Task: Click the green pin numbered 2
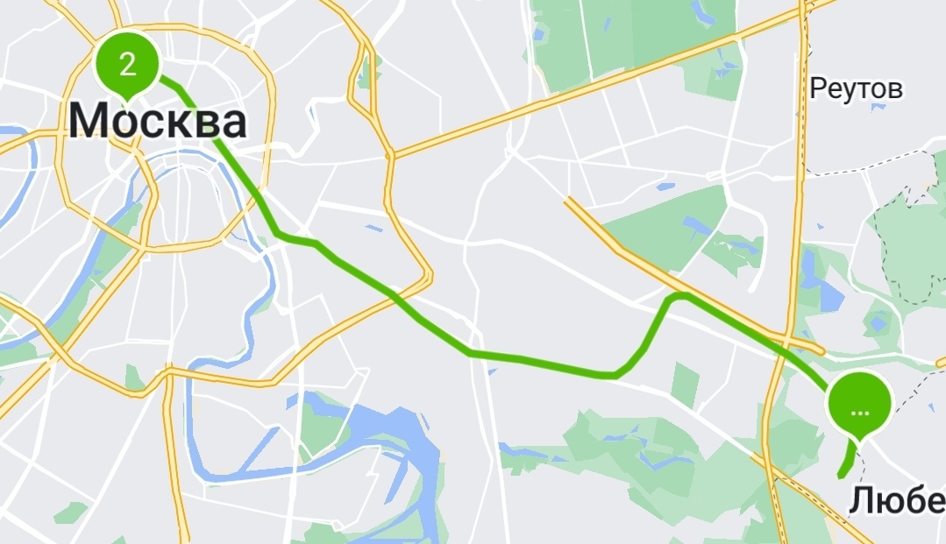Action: (x=127, y=64)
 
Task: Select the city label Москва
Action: (x=158, y=121)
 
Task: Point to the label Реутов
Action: (x=856, y=88)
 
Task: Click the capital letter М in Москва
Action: (x=90, y=121)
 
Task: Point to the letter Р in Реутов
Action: (x=819, y=89)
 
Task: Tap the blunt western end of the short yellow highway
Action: (x=569, y=201)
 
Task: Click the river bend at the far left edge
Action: (x=26, y=149)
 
